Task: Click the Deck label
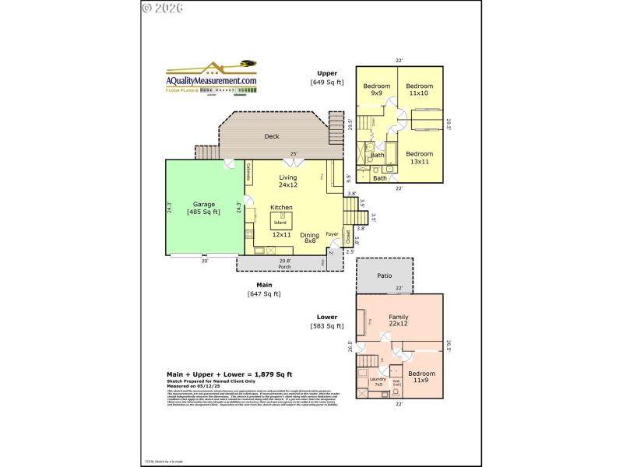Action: pos(272,136)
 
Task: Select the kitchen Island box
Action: pos(279,222)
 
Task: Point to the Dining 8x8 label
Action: pos(310,238)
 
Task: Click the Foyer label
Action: pos(332,233)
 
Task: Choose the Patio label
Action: pos(384,276)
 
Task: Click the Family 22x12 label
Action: pos(399,320)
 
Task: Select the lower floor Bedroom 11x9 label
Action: pos(421,377)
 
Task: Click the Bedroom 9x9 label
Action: pos(376,89)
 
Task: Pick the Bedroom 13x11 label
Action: pos(419,157)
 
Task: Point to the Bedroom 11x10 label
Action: pos(419,89)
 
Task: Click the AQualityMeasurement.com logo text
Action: pos(211,81)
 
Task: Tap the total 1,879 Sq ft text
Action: pos(230,374)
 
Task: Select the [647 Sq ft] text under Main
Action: pos(264,293)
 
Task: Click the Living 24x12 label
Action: pos(288,181)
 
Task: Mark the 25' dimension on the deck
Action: pos(294,153)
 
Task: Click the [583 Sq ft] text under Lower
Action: pos(327,328)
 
